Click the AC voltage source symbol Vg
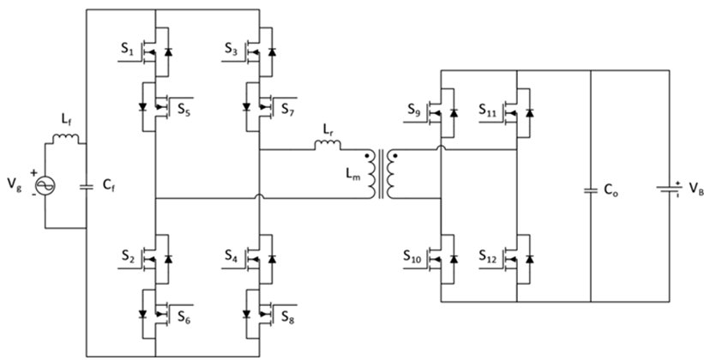(x=45, y=185)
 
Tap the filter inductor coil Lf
(x=65, y=139)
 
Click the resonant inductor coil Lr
(x=328, y=145)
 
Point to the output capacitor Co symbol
(x=591, y=191)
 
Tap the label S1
(x=127, y=50)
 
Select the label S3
(x=232, y=50)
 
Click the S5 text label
(x=184, y=110)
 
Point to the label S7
(x=287, y=110)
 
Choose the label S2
(x=128, y=256)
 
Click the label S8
(x=288, y=317)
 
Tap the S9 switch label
(x=414, y=110)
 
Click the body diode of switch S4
(x=272, y=259)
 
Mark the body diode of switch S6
(x=143, y=314)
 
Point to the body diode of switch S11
(x=530, y=112)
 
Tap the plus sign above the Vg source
(x=33, y=173)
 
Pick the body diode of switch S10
(x=454, y=259)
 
